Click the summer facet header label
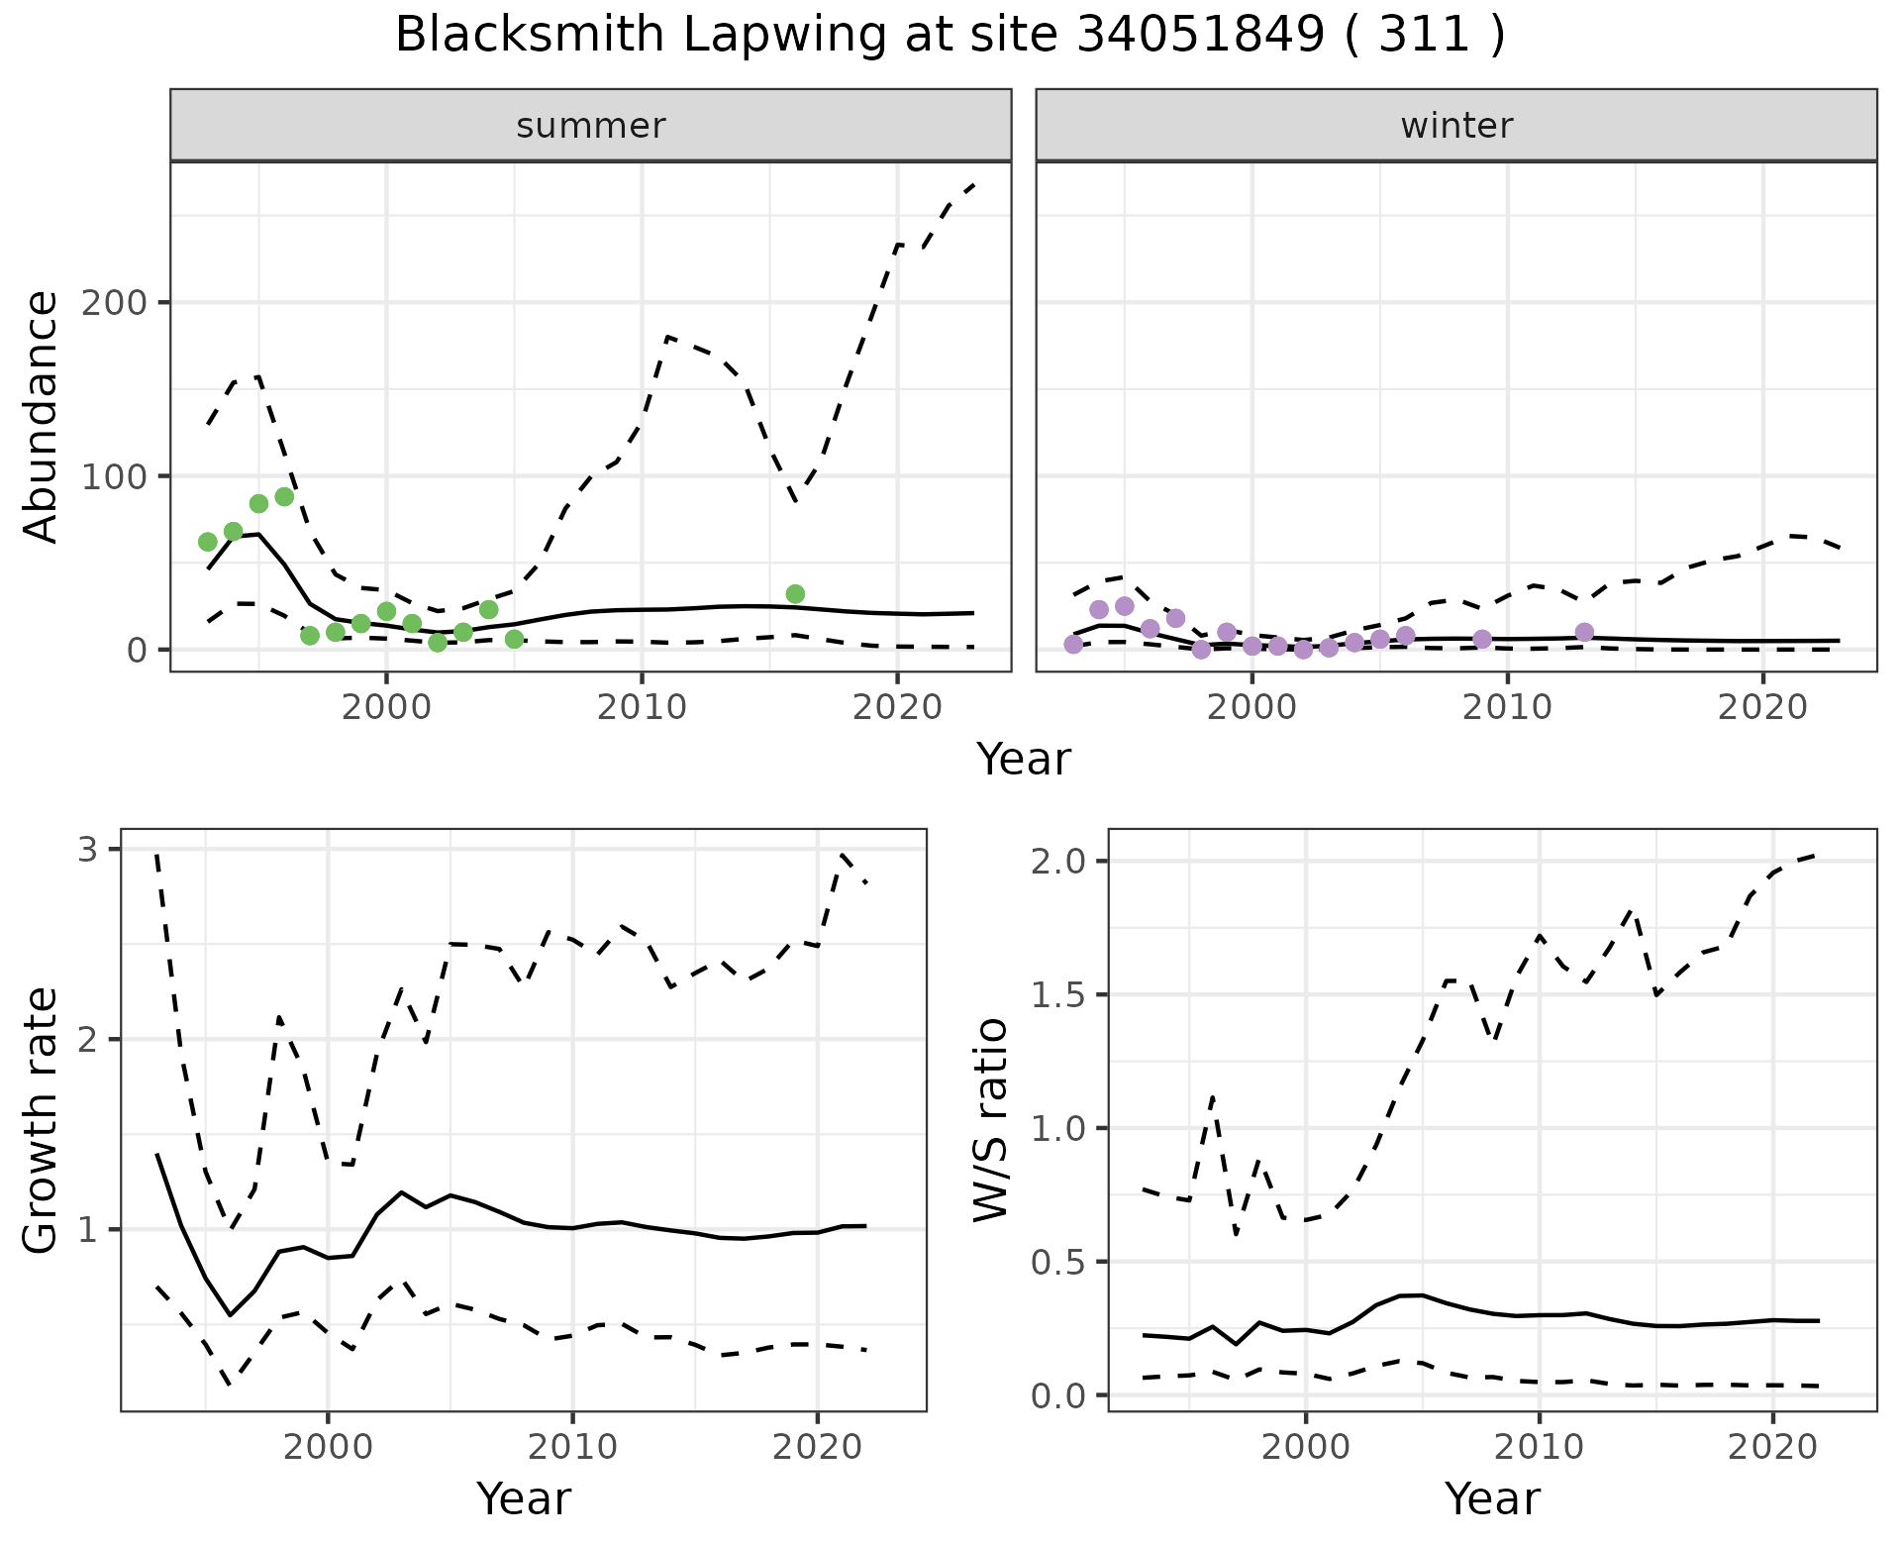coord(591,126)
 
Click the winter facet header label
coord(1456,126)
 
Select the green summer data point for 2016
coord(795,594)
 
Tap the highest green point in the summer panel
coord(284,496)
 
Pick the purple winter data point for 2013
coord(1584,632)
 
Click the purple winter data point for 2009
coord(1482,640)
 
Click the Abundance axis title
coord(42,416)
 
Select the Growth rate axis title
coord(42,1120)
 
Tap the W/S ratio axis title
coord(990,1120)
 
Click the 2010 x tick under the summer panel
coord(642,707)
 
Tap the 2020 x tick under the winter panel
coord(1762,707)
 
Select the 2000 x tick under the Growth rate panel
coord(329,1447)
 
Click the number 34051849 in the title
coord(1200,36)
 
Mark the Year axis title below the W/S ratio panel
coord(1492,1498)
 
